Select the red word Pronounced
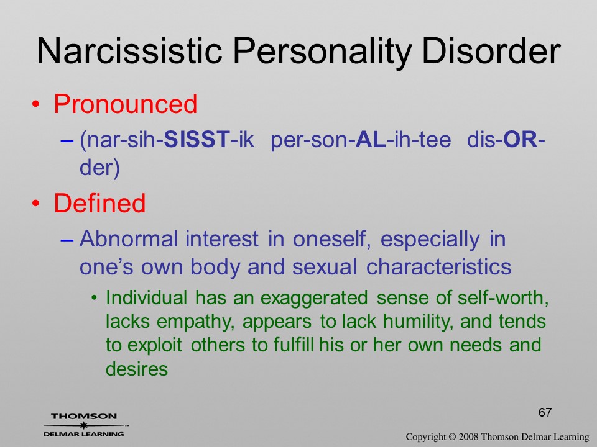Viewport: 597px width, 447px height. point(125,104)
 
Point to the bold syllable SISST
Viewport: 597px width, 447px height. point(197,139)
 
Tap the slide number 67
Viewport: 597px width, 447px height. point(545,412)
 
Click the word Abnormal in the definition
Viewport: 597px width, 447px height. point(129,239)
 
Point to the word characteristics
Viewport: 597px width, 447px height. point(438,266)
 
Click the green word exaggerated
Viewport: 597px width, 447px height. point(314,298)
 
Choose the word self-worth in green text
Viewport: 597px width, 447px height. point(503,297)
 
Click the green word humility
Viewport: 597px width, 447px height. point(419,322)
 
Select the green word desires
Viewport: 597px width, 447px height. point(137,369)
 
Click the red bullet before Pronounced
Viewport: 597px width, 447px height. point(35,104)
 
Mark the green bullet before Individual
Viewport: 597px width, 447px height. point(95,298)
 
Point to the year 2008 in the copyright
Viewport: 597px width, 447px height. point(469,436)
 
